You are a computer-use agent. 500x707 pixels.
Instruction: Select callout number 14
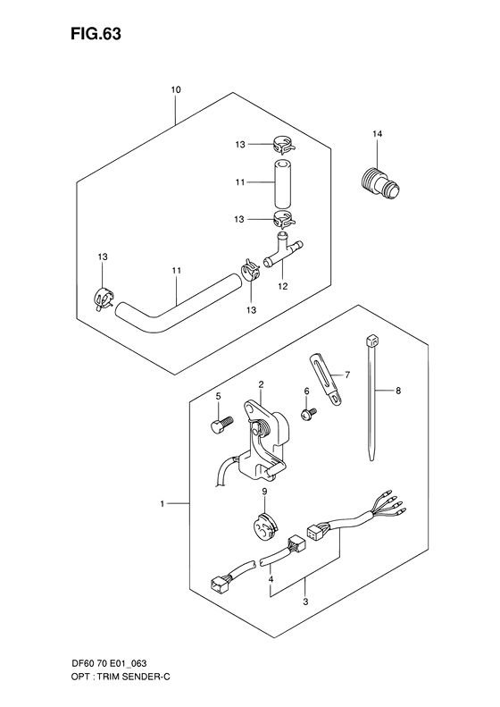coord(377,134)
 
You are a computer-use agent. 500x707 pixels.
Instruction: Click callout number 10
coord(175,90)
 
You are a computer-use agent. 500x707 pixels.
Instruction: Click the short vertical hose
coord(282,183)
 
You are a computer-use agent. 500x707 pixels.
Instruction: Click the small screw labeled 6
coord(307,415)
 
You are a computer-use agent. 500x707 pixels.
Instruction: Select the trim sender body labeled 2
coord(268,438)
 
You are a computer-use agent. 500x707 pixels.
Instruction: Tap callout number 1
coord(162,505)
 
